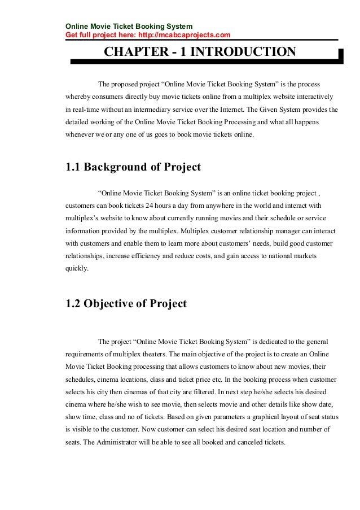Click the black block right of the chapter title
click(x=340, y=54)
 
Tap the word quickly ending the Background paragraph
click(x=77, y=269)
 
